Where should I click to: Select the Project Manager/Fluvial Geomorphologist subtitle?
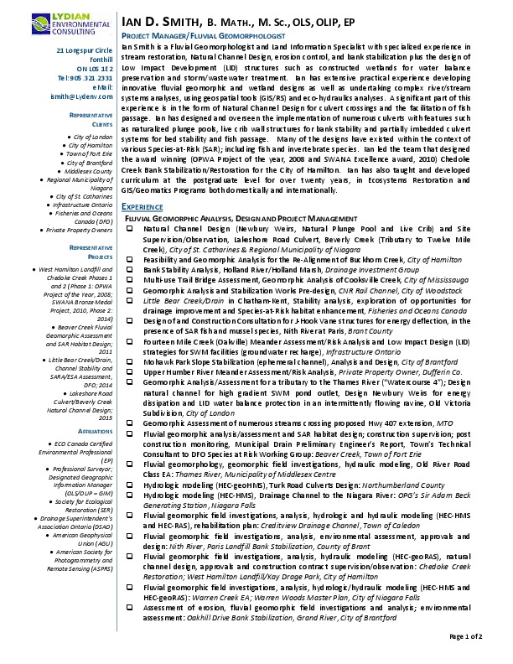point(205,38)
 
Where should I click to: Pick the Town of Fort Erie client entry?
point(91,153)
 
